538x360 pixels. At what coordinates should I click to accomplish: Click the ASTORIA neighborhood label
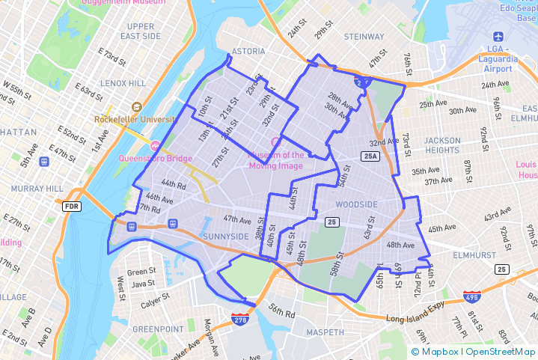[x=248, y=51]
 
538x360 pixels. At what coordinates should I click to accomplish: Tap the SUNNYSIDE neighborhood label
[x=225, y=237]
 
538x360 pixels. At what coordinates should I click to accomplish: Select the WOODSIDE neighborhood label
[x=357, y=204]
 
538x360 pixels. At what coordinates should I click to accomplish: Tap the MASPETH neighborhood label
[x=325, y=332]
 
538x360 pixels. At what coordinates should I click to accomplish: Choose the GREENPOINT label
[x=158, y=329]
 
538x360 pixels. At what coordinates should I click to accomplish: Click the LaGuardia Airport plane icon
[x=498, y=37]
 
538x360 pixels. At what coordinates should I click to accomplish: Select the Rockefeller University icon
[x=136, y=107]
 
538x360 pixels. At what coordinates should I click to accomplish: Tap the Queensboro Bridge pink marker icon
[x=156, y=144]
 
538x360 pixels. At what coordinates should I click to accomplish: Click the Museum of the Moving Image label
[x=276, y=160]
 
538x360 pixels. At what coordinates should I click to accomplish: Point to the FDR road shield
[x=72, y=206]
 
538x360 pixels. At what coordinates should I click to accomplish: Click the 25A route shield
[x=370, y=156]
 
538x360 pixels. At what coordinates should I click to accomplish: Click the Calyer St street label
[x=144, y=302]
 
